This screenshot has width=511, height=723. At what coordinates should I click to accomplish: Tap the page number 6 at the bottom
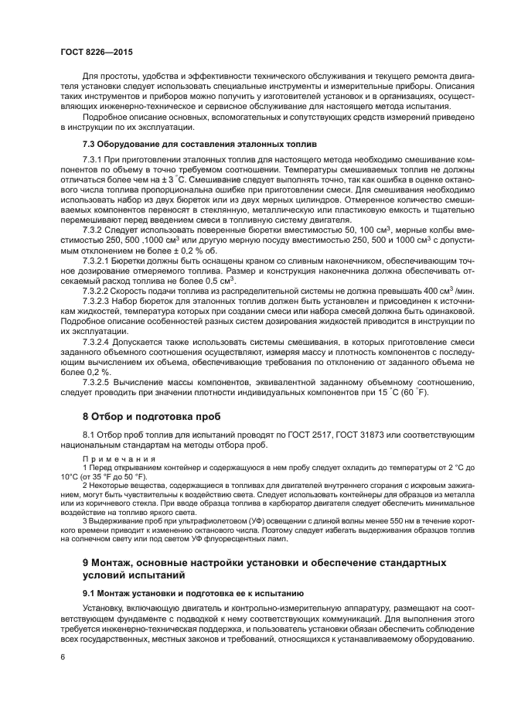tap(61, 656)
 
